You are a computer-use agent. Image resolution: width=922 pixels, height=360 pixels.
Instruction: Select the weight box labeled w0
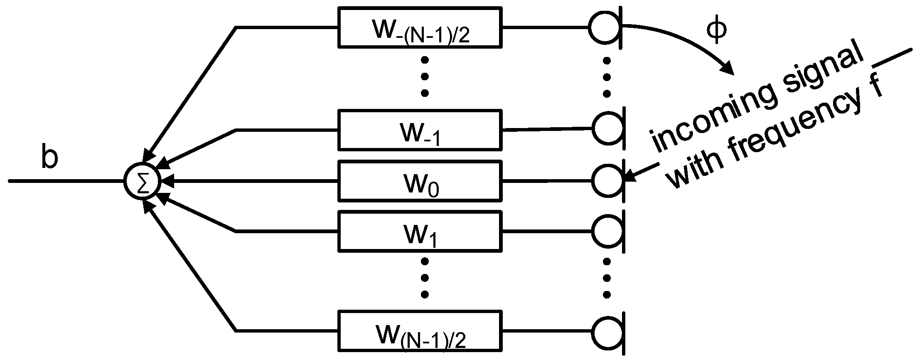pos(420,181)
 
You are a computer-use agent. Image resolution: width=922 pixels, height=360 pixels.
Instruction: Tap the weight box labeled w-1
pos(420,130)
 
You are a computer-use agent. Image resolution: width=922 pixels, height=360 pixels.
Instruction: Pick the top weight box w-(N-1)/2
pos(420,27)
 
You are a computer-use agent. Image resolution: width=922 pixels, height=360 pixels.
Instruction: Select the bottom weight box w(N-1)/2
pos(420,331)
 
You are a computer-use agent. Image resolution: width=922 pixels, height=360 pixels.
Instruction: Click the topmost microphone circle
pos(605,27)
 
